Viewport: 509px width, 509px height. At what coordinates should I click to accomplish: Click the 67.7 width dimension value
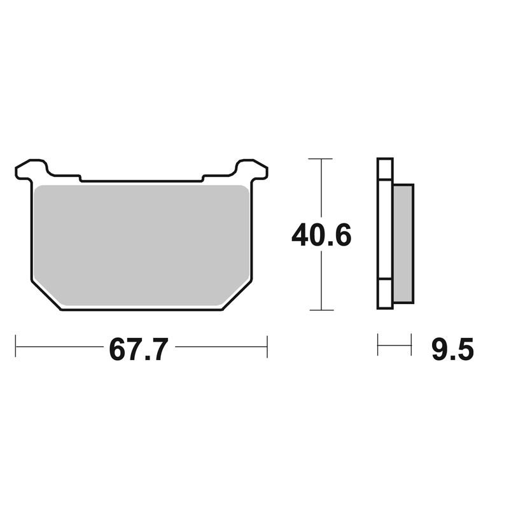point(139,349)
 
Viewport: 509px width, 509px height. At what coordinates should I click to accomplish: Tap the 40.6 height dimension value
point(321,235)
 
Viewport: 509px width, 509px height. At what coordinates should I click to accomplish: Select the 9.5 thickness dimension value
point(452,349)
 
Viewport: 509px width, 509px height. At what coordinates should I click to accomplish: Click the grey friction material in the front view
point(141,246)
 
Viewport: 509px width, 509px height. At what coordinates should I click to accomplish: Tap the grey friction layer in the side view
point(403,244)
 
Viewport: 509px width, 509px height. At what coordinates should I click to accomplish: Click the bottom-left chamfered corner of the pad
point(46,296)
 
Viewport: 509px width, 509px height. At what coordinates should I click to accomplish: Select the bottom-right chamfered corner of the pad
point(237,296)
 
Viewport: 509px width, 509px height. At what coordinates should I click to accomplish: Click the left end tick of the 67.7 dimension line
point(15,346)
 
